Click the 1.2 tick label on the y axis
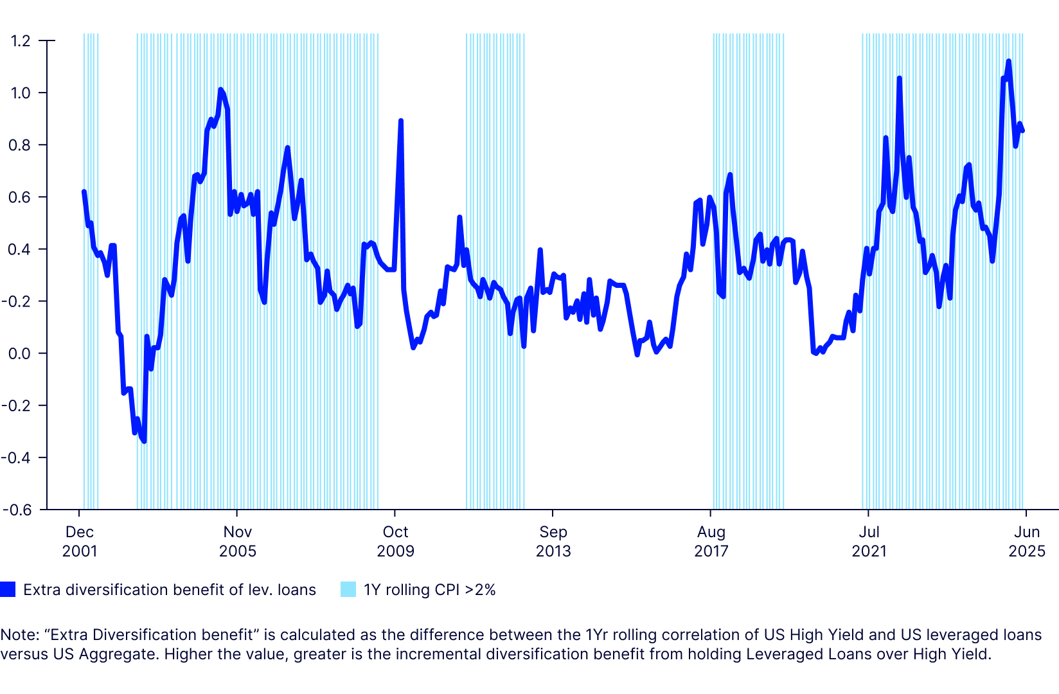click(x=21, y=40)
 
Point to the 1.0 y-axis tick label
click(x=21, y=93)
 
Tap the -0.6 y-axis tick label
click(x=17, y=510)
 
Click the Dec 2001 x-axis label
click(x=80, y=541)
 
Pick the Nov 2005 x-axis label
click(x=238, y=541)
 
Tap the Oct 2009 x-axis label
click(x=395, y=541)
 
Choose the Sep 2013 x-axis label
click(x=553, y=541)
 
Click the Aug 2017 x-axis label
click(x=711, y=541)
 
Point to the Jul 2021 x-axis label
click(x=869, y=541)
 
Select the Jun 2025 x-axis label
click(x=1027, y=541)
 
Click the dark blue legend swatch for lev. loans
click(x=8, y=589)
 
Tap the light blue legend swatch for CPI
click(x=348, y=589)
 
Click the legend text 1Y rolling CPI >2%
click(x=429, y=590)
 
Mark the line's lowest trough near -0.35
click(x=144, y=441)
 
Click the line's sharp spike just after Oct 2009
click(x=401, y=121)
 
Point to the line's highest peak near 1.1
click(x=1009, y=61)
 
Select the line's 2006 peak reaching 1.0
click(x=220, y=89)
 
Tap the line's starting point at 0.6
click(x=84, y=191)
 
